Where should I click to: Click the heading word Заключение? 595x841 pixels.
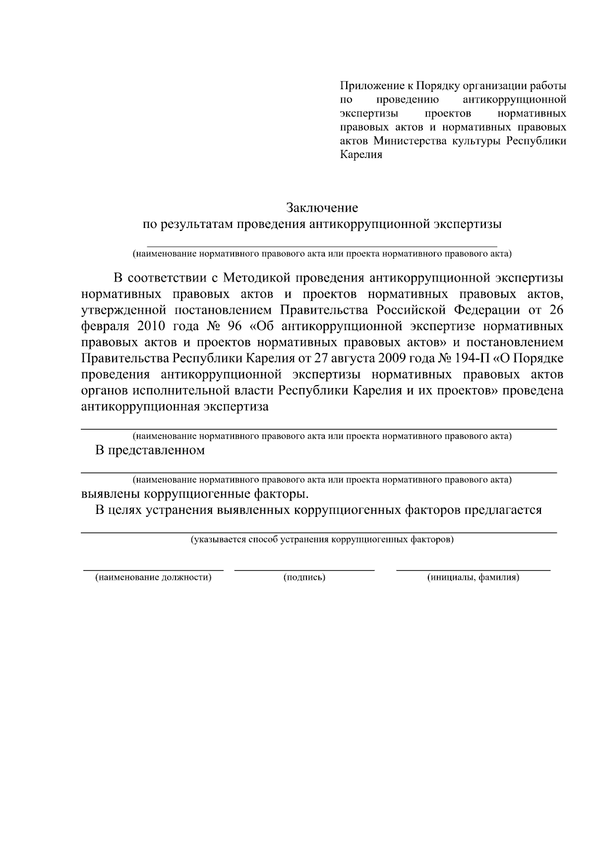click(x=321, y=207)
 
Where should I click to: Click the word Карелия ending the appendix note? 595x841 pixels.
click(x=361, y=154)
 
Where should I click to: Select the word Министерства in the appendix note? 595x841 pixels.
click(x=410, y=140)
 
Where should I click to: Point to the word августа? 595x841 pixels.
click(x=350, y=358)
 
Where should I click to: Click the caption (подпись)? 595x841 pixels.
click(x=304, y=577)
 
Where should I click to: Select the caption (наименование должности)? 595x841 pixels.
click(x=153, y=577)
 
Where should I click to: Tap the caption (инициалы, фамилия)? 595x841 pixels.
click(x=473, y=577)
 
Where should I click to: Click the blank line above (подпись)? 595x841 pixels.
click(x=304, y=570)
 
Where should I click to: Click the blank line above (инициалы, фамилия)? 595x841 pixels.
click(x=473, y=570)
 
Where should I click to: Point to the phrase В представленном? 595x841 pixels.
click(x=150, y=450)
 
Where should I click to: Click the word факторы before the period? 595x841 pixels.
click(x=281, y=495)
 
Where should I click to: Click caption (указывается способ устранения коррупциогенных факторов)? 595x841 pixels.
click(x=322, y=539)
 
